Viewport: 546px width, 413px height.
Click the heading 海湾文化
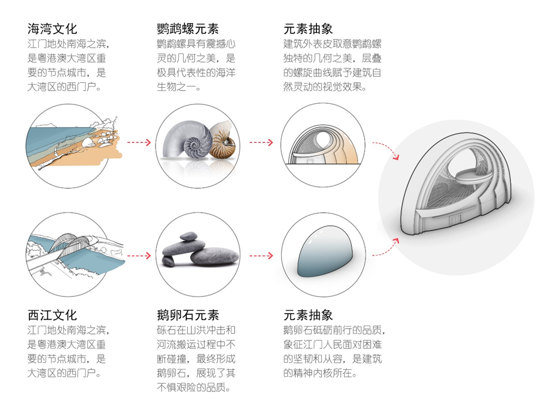tap(53, 28)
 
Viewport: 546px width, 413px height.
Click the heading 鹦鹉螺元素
tap(188, 28)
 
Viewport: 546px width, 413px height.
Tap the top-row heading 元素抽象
tap(308, 28)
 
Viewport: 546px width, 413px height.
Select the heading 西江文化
tap(53, 315)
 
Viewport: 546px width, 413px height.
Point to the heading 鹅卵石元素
tap(188, 315)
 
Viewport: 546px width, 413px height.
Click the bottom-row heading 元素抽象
tap(308, 315)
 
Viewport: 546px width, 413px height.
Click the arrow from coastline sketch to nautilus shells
tap(139, 142)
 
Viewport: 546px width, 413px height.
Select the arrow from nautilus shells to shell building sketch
tap(261, 142)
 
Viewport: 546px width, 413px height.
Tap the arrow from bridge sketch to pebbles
tap(139, 256)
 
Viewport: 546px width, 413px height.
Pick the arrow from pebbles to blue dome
tap(261, 256)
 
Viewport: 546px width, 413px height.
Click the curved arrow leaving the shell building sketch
tap(386, 150)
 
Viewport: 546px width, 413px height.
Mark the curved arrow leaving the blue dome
tap(386, 246)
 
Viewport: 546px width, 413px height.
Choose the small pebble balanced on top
tap(188, 236)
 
